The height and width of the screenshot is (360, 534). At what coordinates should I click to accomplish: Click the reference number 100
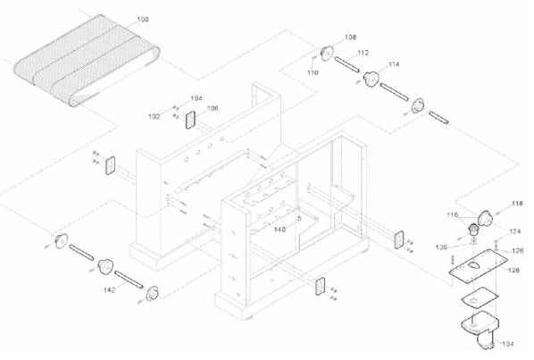pyautogui.click(x=143, y=20)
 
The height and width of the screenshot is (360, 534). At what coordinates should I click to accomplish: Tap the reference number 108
pyautogui.click(x=350, y=38)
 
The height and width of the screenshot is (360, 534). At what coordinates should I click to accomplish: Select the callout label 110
pyautogui.click(x=313, y=72)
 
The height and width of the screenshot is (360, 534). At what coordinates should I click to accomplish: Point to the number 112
pyautogui.click(x=363, y=53)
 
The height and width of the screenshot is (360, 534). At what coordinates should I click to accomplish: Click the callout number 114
pyautogui.click(x=394, y=64)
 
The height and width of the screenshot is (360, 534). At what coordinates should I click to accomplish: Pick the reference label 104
pyautogui.click(x=196, y=98)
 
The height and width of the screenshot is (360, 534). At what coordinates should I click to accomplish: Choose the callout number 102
pyautogui.click(x=154, y=116)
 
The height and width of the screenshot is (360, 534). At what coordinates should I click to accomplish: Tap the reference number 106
pyautogui.click(x=213, y=108)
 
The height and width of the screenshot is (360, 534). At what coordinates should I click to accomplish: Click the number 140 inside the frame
pyautogui.click(x=280, y=230)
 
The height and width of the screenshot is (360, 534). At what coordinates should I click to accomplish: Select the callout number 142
pyautogui.click(x=109, y=289)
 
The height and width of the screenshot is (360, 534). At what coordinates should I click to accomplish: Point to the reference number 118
pyautogui.click(x=517, y=204)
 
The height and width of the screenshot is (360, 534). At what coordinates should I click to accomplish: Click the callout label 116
pyautogui.click(x=453, y=215)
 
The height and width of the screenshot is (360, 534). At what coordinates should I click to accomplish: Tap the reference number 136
pyautogui.click(x=441, y=247)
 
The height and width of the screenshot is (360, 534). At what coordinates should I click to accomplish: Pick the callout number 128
pyautogui.click(x=513, y=270)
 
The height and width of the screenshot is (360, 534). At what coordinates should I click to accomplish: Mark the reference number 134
pyautogui.click(x=508, y=344)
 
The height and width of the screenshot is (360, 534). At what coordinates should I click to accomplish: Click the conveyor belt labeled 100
pyautogui.click(x=87, y=61)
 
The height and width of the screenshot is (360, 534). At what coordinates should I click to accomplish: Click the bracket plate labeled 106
pyautogui.click(x=190, y=121)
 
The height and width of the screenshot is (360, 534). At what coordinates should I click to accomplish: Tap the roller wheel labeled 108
pyautogui.click(x=328, y=54)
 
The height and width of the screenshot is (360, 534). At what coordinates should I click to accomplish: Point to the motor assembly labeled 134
pyautogui.click(x=480, y=329)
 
